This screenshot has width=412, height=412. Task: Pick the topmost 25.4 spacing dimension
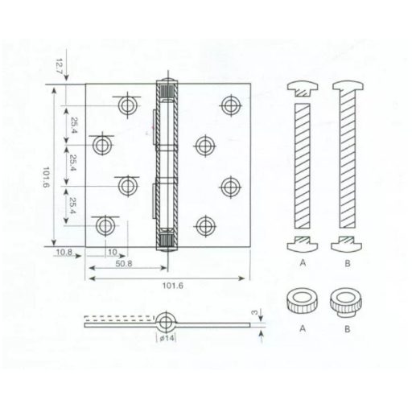click(x=73, y=125)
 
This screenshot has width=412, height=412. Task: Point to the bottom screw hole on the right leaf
click(x=206, y=225)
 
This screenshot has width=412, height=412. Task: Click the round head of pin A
click(x=302, y=88)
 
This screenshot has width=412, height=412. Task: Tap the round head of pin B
click(x=347, y=88)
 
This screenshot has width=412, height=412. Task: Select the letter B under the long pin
click(x=347, y=262)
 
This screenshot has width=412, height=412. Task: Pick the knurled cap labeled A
click(x=303, y=303)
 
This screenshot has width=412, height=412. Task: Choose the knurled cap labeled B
click(x=347, y=303)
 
